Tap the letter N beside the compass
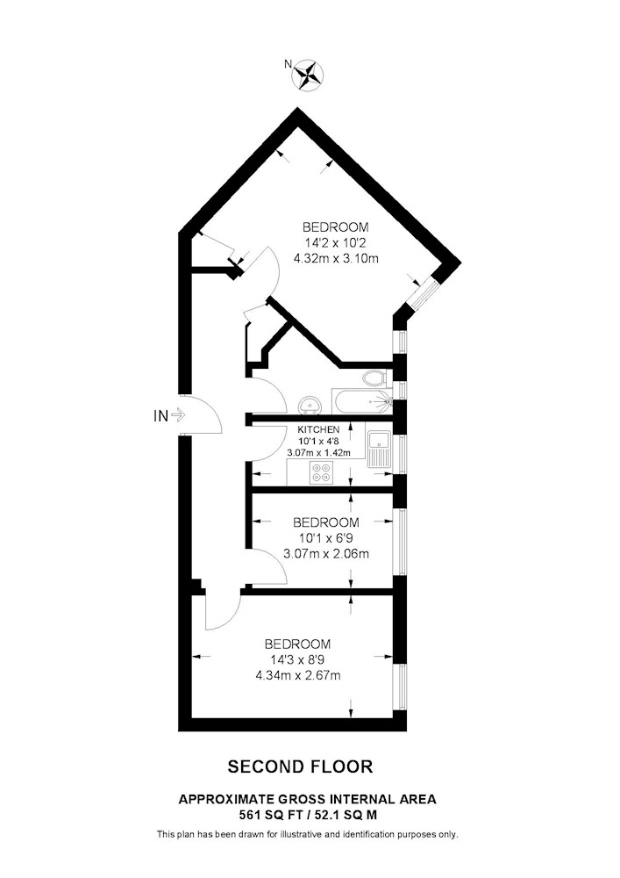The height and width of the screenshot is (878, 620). pos(288,64)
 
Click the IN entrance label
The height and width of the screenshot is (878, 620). pos(160,416)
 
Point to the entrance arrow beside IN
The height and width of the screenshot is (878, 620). pos(178,415)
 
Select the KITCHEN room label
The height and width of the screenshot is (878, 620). pos(318,429)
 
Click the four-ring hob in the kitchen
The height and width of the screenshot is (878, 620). pos(322,473)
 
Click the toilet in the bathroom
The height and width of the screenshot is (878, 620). pos(375,378)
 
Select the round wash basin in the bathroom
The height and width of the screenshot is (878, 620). pos(310,405)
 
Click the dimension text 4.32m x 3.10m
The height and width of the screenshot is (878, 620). pos(336,259)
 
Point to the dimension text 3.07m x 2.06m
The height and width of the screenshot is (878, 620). pos(326,554)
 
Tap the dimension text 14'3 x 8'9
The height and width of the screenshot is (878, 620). pos(298,659)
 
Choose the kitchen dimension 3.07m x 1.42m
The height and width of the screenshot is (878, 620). pos(318,452)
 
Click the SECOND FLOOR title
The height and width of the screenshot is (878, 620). pos(300,766)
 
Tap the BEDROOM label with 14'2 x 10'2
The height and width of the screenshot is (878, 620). pos(336,227)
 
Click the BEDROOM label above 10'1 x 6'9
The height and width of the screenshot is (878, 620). pos(326,522)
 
